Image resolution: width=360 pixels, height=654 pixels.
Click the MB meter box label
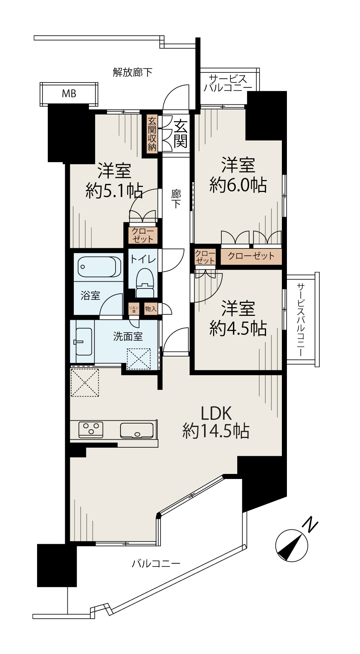(69, 94)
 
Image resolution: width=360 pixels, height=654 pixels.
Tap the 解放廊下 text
(132, 72)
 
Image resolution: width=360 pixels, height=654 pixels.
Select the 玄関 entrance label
(180, 134)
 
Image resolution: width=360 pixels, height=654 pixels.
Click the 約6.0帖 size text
(238, 185)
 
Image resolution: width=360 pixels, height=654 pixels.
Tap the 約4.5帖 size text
(238, 328)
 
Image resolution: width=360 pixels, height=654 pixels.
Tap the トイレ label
(143, 259)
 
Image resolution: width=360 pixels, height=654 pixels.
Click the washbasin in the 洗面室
(84, 341)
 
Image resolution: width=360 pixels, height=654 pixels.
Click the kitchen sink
(136, 430)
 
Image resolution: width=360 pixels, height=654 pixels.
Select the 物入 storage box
(151, 309)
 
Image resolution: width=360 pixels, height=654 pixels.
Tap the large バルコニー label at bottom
(156, 563)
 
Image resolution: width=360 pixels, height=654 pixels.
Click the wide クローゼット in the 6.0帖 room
(251, 256)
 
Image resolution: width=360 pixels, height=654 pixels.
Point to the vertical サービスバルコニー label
(301, 319)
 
